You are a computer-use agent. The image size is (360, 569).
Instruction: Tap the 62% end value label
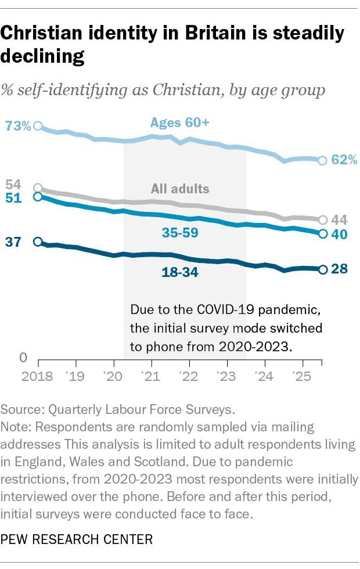[344, 160]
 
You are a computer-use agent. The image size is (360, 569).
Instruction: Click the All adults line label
[180, 189]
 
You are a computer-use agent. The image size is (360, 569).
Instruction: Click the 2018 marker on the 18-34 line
[38, 242]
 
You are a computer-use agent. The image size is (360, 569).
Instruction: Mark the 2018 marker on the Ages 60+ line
[38, 125]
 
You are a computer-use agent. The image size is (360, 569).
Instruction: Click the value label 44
[339, 220]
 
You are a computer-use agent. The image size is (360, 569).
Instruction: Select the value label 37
[12, 243]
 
